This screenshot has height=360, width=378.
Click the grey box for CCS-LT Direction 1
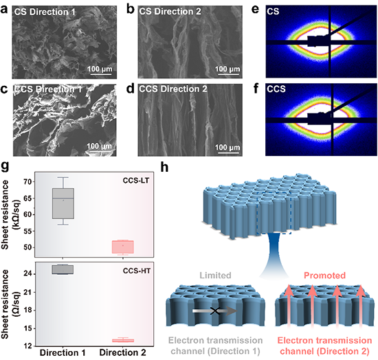tap(63, 203)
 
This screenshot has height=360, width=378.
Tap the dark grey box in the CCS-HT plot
tap(63, 269)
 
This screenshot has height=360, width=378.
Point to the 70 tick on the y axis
tap(27, 181)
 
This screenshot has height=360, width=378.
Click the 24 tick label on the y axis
tap(27, 273)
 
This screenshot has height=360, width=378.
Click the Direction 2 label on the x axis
tap(123, 352)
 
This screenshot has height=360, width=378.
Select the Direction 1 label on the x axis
tap(63, 352)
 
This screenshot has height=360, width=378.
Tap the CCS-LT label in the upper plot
tap(136, 181)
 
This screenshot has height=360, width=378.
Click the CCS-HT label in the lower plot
tap(137, 271)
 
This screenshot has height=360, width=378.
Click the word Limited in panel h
tap(215, 275)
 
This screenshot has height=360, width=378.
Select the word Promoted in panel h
tap(324, 275)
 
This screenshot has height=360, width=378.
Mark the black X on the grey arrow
tap(214, 311)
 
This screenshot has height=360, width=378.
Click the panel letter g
tap(5, 166)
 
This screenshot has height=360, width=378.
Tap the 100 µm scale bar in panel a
tap(100, 74)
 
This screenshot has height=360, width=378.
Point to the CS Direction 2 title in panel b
tap(170, 11)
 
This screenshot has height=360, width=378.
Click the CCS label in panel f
tap(276, 89)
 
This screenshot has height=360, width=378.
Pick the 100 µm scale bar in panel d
tap(227, 153)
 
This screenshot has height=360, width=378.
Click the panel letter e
tap(255, 10)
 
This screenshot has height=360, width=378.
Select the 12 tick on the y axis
tap(27, 346)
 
